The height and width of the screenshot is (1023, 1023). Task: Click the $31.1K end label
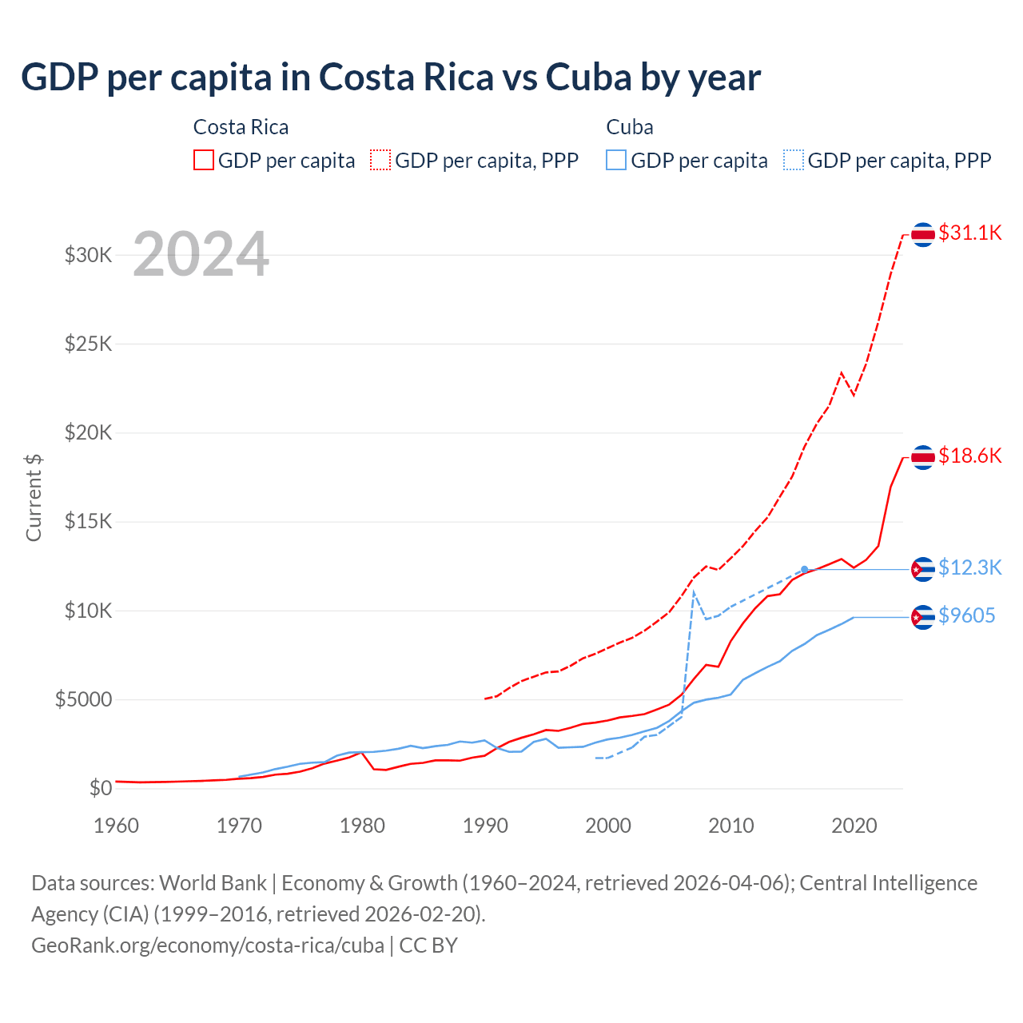click(969, 233)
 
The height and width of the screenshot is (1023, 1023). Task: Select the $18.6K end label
click(969, 456)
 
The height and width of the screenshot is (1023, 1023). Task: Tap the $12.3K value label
click(969, 567)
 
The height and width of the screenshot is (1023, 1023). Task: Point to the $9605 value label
click(966, 615)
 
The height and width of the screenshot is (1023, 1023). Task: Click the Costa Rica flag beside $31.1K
click(923, 234)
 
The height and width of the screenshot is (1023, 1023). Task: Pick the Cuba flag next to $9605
click(923, 617)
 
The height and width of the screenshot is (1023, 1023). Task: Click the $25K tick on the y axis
click(88, 344)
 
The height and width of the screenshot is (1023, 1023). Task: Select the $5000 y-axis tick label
click(83, 700)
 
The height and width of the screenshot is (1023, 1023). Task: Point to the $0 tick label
click(100, 789)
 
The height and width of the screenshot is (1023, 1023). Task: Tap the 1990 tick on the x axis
click(485, 826)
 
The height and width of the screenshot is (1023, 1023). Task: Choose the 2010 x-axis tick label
click(731, 826)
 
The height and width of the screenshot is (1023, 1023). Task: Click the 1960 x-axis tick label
click(117, 826)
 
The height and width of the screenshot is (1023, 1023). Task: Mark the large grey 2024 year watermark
click(201, 255)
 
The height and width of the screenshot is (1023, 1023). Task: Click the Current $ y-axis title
click(34, 497)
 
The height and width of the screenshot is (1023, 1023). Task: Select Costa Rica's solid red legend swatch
click(204, 160)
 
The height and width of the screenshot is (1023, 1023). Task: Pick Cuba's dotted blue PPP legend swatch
click(794, 160)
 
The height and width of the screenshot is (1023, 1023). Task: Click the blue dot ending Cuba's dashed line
click(805, 569)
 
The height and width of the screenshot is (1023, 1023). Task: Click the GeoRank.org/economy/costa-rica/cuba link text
click(208, 945)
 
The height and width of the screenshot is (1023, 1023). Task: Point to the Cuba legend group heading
click(630, 127)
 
